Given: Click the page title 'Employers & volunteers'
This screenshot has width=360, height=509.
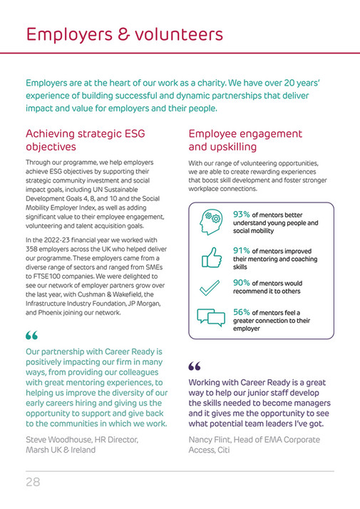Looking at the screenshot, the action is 124,34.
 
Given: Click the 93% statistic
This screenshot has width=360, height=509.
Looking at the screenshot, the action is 242,214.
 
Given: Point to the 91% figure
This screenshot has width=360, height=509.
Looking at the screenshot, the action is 242,251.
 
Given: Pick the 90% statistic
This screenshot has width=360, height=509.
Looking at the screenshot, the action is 242,282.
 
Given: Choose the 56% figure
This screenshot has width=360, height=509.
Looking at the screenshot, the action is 242,312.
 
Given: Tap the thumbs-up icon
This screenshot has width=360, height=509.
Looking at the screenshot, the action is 211,257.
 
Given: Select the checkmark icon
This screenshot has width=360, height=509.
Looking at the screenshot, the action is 211,287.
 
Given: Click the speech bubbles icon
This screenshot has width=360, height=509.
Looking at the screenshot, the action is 211,319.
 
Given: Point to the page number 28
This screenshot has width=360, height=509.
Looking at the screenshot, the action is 33,482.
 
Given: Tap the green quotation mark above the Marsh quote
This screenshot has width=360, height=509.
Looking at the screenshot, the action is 32,336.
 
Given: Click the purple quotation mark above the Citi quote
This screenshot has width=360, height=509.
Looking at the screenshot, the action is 195,367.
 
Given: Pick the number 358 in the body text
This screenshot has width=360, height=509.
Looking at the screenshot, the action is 36,249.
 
